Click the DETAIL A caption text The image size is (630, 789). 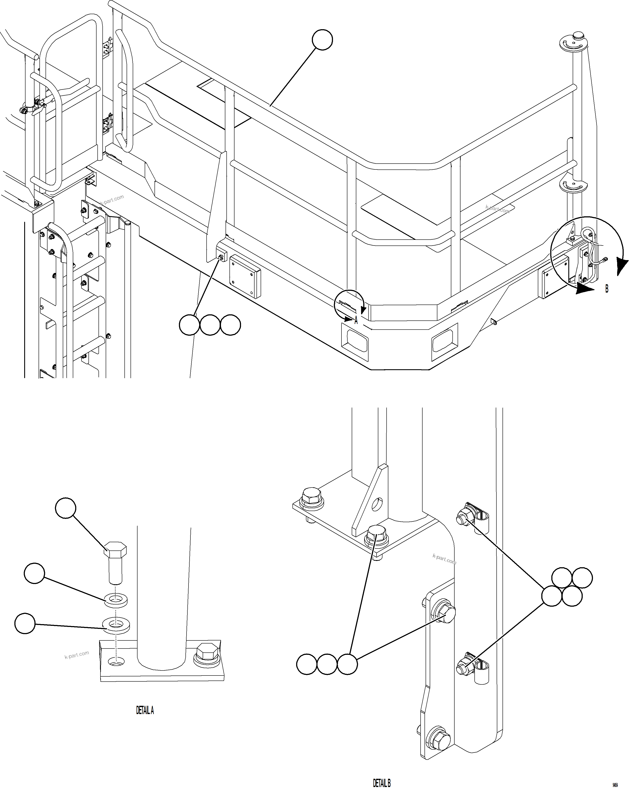point(145,711)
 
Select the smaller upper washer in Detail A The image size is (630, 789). point(116,601)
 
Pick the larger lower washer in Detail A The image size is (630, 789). point(116,624)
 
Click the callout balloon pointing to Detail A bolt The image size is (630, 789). point(66,508)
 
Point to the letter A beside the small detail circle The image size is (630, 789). point(356,321)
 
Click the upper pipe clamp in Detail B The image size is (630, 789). point(482,517)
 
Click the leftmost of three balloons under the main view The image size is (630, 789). point(189,325)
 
